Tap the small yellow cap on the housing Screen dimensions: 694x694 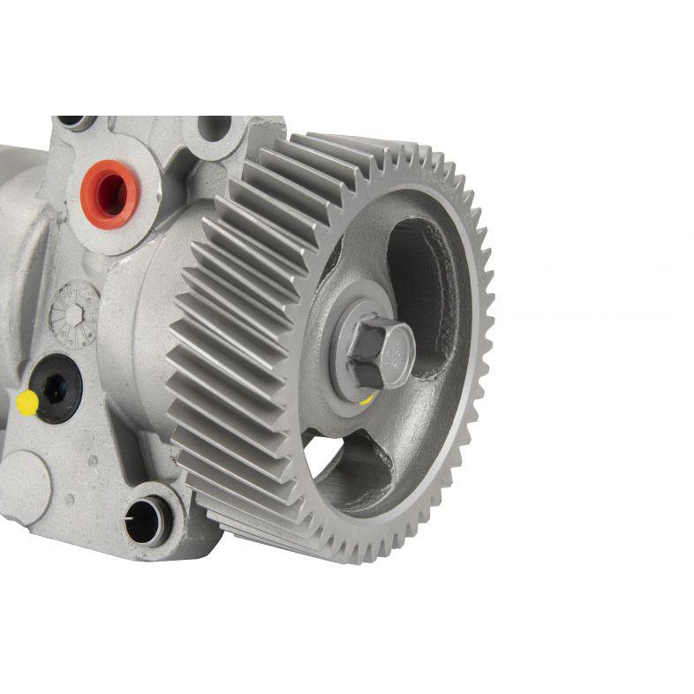pos(27,403)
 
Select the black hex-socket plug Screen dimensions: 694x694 pos(57,389)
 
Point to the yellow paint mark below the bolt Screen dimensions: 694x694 pos(366,396)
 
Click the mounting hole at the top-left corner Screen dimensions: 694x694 pos(75,122)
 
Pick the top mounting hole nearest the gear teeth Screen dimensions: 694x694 pos(214,128)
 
